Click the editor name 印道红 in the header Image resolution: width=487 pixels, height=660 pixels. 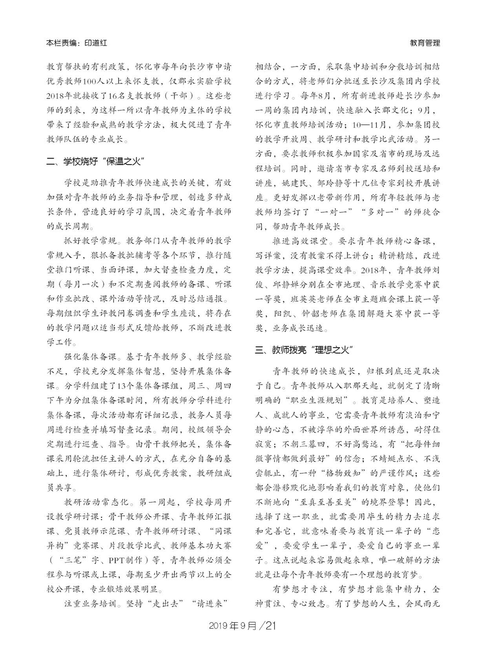click(95, 43)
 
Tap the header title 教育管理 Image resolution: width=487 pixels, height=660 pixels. click(425, 43)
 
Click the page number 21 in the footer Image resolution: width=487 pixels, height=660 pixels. click(271, 626)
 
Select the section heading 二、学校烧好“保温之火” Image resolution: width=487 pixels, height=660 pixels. click(95, 161)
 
